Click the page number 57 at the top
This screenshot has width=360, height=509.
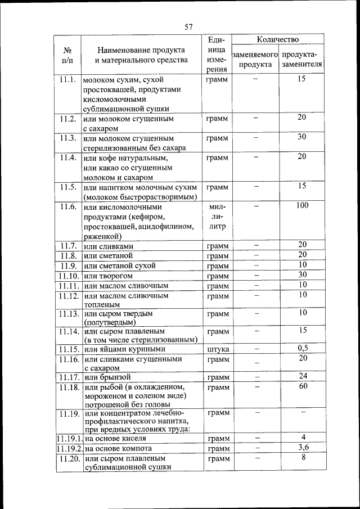(188, 26)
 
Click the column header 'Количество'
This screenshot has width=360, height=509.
(277, 40)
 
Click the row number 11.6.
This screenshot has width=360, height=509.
(67, 206)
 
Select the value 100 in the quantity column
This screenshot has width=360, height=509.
(302, 206)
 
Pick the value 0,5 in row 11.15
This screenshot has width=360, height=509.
(302, 348)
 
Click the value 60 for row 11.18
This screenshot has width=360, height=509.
(302, 386)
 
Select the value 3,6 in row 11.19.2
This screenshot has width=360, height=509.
(302, 447)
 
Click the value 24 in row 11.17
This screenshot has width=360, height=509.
(302, 376)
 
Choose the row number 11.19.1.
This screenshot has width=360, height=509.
(69, 438)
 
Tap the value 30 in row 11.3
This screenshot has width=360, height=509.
(302, 137)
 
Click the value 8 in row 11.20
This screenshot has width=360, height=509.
(302, 458)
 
